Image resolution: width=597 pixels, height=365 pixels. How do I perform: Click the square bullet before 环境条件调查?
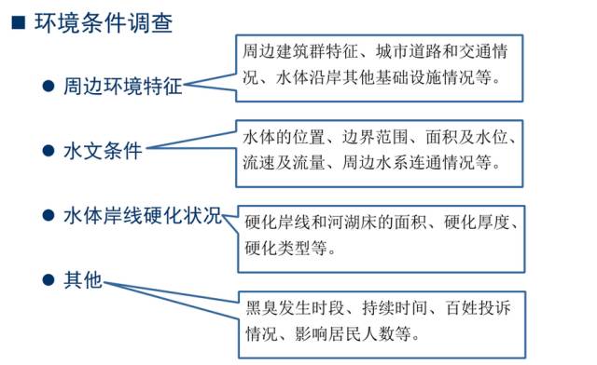(x=19, y=22)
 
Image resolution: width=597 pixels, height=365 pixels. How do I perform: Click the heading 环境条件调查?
(x=104, y=22)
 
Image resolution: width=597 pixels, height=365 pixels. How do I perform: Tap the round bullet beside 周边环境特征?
(x=49, y=86)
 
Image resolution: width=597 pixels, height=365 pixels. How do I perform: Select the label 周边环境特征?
(x=122, y=86)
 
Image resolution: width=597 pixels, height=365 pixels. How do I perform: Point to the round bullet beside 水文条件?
(x=49, y=151)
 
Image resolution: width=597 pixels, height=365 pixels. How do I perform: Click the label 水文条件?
(x=103, y=151)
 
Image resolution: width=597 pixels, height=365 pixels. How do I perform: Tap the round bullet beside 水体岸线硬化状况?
(x=49, y=215)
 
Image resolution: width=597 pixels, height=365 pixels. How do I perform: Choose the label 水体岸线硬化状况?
(x=143, y=215)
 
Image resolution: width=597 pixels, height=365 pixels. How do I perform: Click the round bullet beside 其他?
(x=49, y=280)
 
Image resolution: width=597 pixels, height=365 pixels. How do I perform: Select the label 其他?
(x=83, y=280)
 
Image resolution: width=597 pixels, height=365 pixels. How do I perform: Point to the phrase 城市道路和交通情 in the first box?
(x=441, y=51)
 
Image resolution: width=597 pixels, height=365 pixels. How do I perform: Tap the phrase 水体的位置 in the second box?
(x=284, y=137)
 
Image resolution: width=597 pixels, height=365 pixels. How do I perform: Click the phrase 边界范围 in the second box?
(x=375, y=137)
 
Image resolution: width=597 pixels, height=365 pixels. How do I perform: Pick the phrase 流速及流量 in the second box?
(x=284, y=163)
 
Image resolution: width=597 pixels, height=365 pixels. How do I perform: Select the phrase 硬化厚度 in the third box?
(x=477, y=223)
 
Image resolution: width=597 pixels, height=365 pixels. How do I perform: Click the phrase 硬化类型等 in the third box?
(x=286, y=249)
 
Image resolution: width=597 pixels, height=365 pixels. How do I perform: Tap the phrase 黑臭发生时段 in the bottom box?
(x=295, y=308)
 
